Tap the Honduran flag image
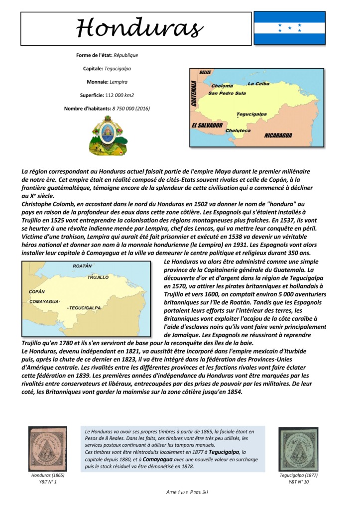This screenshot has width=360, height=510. click(x=289, y=28)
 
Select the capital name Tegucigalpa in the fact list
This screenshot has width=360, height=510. click(x=118, y=68)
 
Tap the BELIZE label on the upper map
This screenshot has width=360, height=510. click(x=205, y=73)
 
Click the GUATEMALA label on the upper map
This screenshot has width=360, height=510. click(x=194, y=95)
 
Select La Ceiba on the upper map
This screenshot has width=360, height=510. click(x=258, y=84)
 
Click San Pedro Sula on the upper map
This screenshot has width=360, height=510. click(x=227, y=93)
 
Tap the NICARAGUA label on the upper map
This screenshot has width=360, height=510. click(x=278, y=135)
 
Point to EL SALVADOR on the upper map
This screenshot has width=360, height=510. click(x=207, y=126)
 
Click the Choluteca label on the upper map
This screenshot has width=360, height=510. click(x=238, y=131)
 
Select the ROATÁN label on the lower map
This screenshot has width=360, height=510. click(x=82, y=266)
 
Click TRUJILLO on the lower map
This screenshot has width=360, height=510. click(x=98, y=277)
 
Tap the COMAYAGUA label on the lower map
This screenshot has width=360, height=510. click(x=44, y=302)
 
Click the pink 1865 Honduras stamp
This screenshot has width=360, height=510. click(x=47, y=448)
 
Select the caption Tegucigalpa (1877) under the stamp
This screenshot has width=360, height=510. click(x=298, y=475)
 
